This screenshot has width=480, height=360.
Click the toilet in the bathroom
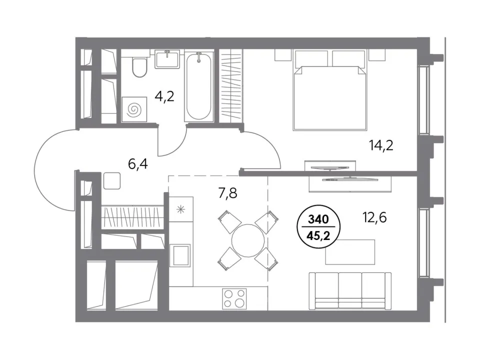tap(139, 67)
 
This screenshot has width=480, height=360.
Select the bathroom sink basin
tap(167, 59)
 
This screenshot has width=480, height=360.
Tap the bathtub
tap(198, 86)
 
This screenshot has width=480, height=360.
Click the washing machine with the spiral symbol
tap(134, 109)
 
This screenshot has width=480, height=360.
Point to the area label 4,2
tap(164, 96)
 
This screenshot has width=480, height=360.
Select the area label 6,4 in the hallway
tap(138, 164)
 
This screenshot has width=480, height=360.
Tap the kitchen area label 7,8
tap(227, 193)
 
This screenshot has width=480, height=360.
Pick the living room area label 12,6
tap(374, 217)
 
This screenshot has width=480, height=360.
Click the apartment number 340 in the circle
tap(318, 219)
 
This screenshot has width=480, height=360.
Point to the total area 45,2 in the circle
tap(318, 236)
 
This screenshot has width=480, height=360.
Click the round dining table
tap(248, 240)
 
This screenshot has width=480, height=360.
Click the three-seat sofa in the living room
tap(350, 290)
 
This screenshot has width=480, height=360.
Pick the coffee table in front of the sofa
tap(350, 252)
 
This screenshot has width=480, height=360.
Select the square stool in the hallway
tap(112, 180)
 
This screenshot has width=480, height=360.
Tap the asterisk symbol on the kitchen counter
tap(181, 209)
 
